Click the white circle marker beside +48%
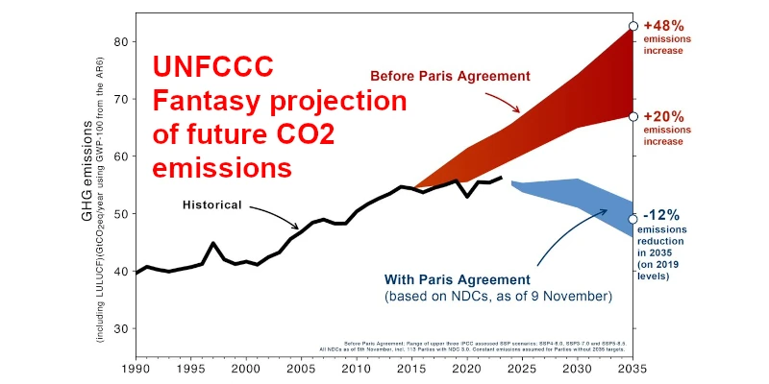click(633, 26)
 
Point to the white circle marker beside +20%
click(633, 116)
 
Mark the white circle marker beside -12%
click(633, 219)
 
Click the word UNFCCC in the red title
click(213, 67)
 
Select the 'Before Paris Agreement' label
click(451, 75)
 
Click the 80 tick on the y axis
click(120, 41)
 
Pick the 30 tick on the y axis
click(120, 329)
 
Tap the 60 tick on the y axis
click(120, 156)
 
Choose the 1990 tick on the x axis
click(136, 368)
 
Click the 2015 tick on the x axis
click(411, 368)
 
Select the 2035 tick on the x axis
click(633, 368)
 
